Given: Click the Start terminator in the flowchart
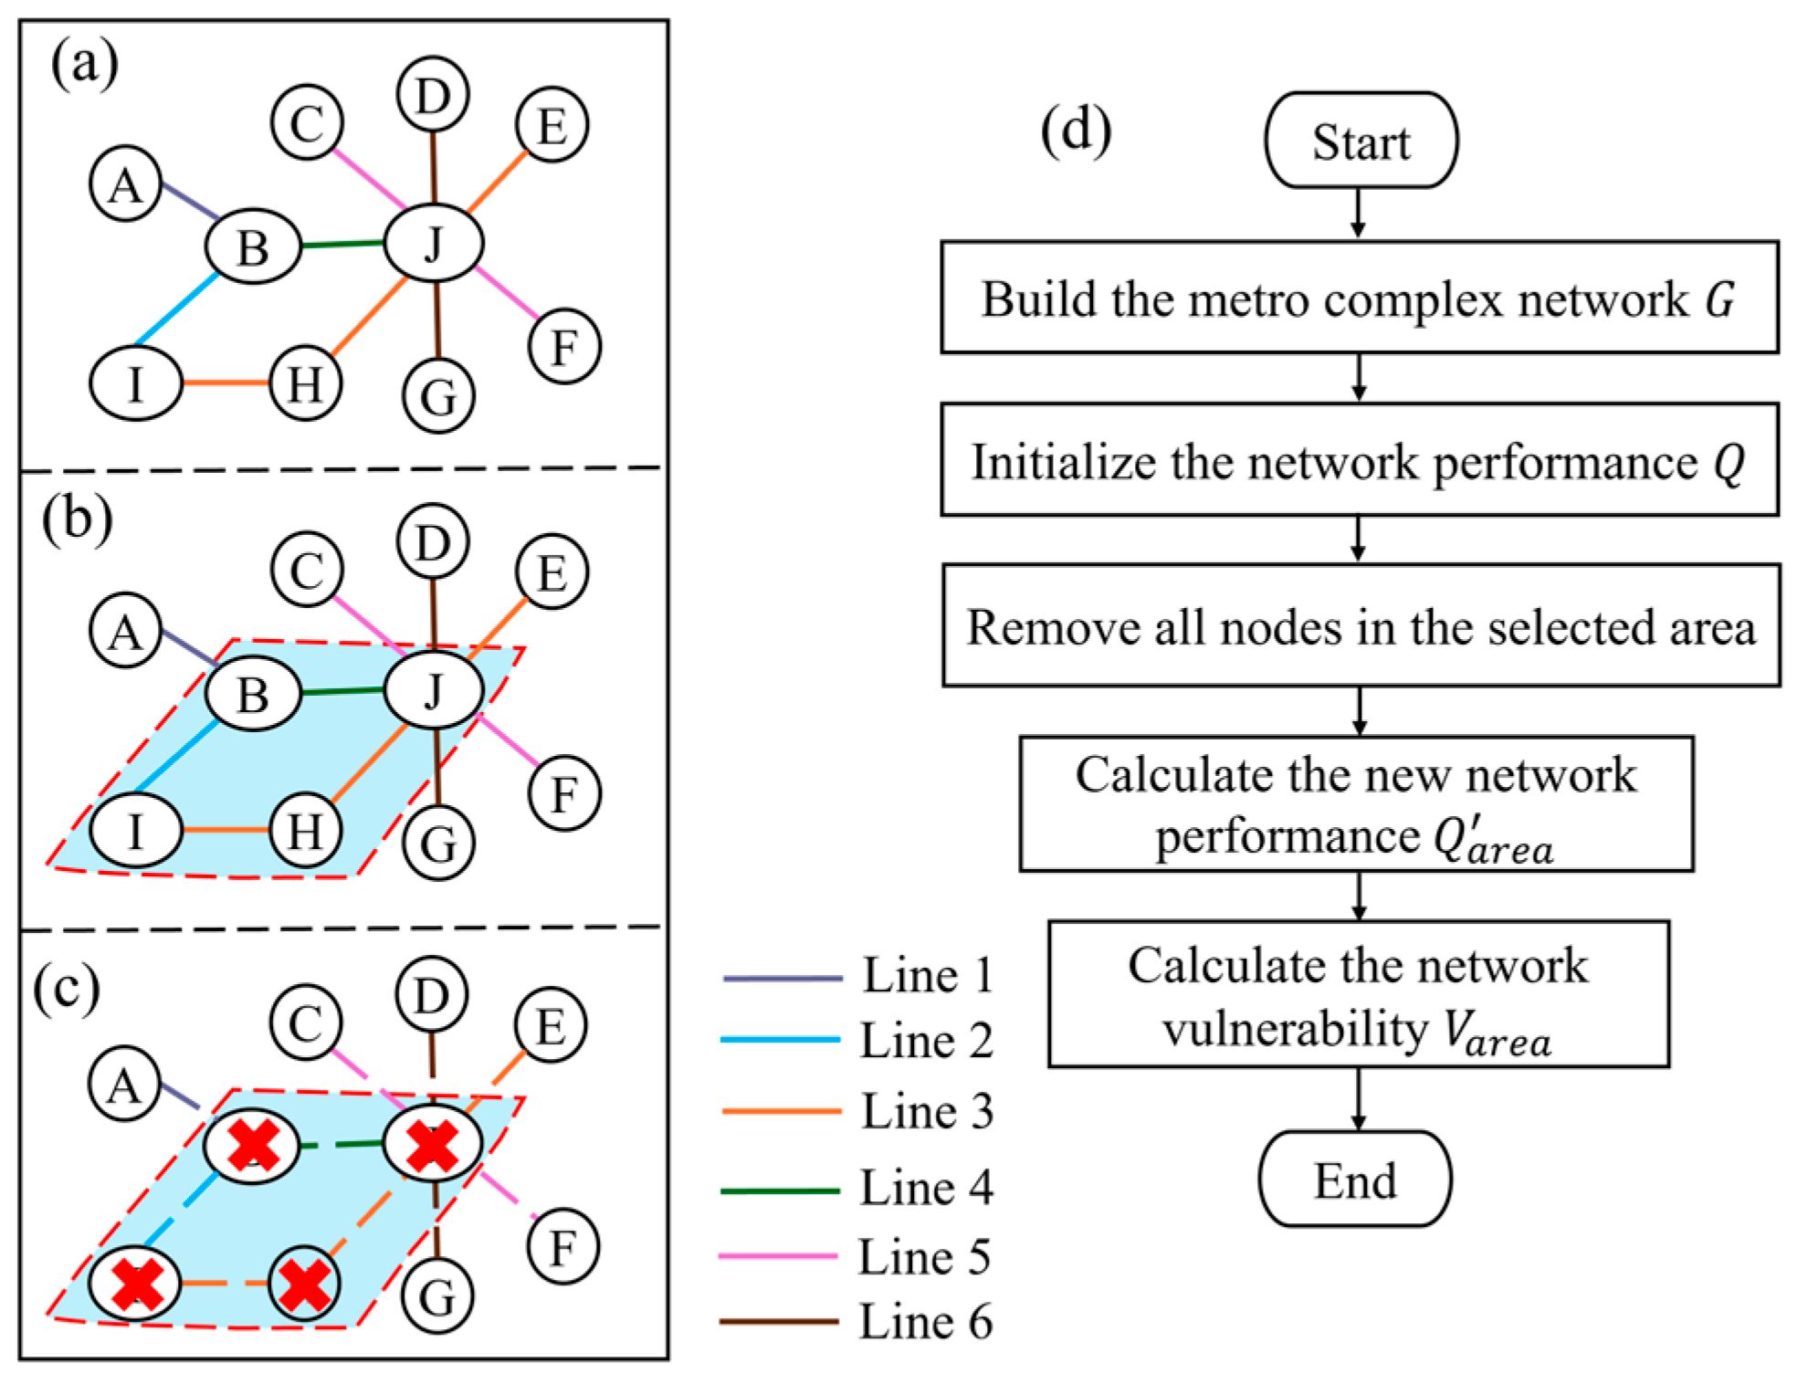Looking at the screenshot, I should point(1361,141).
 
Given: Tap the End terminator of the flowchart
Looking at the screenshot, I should point(1355,1179).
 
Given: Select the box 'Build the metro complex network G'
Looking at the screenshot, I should point(1359,298).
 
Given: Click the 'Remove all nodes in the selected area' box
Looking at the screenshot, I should point(1361,626).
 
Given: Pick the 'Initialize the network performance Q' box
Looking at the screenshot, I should point(1359,460).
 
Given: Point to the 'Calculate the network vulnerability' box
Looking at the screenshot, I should point(1358,994).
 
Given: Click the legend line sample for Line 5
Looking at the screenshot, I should point(778,1256).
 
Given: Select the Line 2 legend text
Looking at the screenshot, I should point(926,1041).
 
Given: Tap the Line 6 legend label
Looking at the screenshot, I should point(925,1321).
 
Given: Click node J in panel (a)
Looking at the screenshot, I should point(434,244).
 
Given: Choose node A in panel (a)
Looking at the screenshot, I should point(126,184).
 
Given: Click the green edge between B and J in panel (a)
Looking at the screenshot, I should point(342,245).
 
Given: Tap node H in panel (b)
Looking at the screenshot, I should point(305,831).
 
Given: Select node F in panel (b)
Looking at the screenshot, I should point(564,793).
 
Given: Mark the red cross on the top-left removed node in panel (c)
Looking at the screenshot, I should point(252,1145).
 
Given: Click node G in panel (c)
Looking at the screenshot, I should point(437,1296).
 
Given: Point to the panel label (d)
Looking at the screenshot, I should point(1076,130).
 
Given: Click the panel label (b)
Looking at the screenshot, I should point(78,519).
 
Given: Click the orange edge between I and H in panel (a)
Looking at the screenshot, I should point(226,383).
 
